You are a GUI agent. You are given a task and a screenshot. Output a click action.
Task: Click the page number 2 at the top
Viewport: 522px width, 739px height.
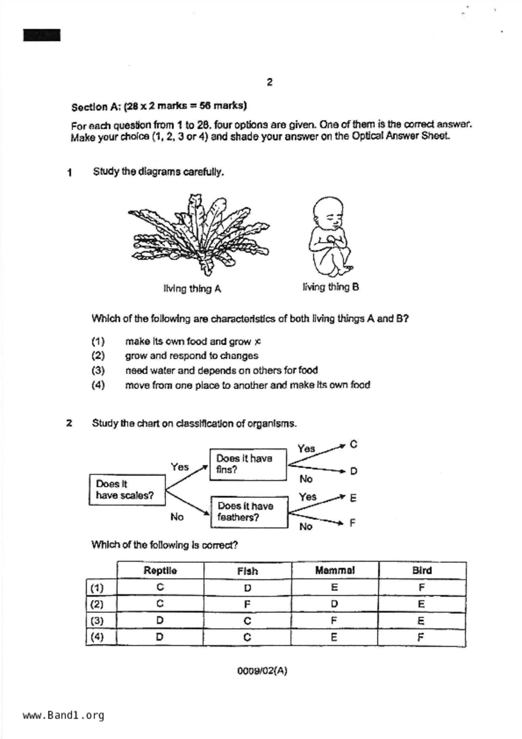pos(270,82)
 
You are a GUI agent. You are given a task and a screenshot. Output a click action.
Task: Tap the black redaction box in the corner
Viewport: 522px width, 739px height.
pos(42,35)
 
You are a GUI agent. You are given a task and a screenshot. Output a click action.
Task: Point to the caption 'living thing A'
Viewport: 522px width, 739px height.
pos(192,289)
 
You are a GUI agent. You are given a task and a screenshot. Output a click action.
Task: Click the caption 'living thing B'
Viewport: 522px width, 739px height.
pos(331,287)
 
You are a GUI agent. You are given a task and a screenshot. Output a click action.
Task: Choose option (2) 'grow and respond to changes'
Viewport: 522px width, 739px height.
pos(192,356)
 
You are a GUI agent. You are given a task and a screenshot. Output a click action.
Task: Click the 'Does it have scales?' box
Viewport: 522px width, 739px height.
pos(127,490)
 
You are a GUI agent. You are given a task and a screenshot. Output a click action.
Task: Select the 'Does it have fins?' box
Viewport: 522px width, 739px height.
pos(248,464)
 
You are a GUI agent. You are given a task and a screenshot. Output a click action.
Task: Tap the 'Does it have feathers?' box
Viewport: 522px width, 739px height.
pos(249,511)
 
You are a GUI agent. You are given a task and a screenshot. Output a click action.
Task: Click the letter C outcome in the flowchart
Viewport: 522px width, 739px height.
pos(353,444)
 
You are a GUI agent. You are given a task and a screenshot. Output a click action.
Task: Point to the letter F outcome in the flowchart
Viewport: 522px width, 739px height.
pos(353,522)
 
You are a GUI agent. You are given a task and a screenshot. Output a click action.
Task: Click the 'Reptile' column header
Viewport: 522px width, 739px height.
pos(160,570)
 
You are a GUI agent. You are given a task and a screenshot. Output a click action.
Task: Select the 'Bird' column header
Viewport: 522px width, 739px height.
pos(422,570)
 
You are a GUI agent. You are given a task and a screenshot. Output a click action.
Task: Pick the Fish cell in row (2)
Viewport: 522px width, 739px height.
pos(247,604)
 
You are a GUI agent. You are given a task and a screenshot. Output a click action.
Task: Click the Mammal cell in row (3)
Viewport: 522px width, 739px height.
pos(334,621)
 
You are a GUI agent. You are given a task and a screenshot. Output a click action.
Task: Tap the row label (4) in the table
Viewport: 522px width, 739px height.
pos(97,637)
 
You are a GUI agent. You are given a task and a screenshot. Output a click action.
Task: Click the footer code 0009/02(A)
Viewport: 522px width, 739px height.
pos(262,671)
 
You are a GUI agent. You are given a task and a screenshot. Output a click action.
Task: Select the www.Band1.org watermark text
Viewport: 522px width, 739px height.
pos(63,715)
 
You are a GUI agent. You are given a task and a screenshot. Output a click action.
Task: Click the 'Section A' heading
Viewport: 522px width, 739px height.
pos(159,106)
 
